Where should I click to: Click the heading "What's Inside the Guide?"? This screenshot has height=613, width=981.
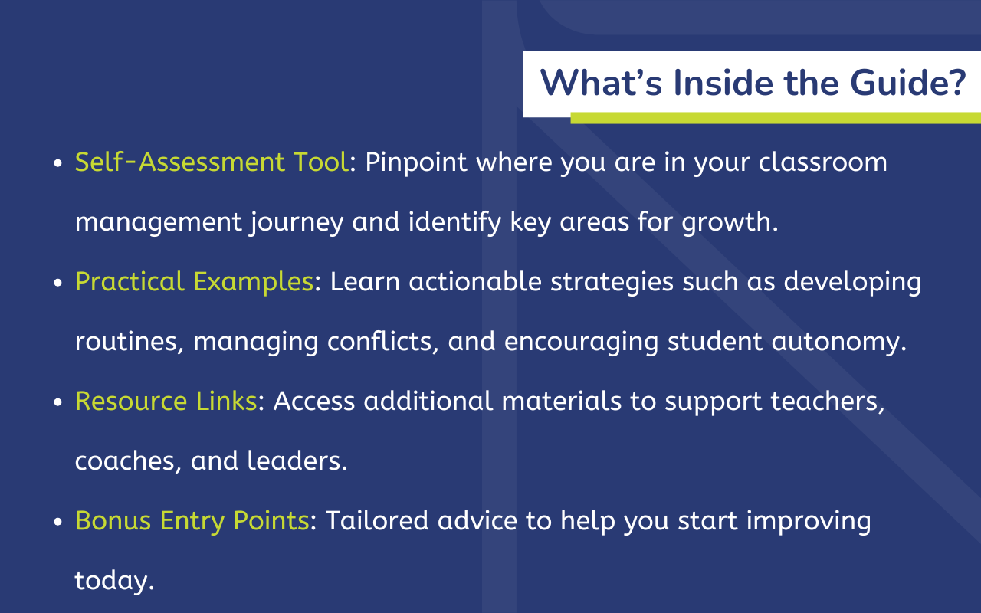tap(752, 83)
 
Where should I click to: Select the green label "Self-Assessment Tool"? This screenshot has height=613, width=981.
tap(212, 162)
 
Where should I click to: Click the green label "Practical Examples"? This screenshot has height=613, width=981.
tap(194, 282)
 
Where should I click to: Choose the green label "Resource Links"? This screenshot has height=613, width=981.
tap(166, 402)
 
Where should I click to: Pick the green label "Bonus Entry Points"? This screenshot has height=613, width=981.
tap(192, 521)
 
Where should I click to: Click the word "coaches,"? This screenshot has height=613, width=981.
tap(127, 461)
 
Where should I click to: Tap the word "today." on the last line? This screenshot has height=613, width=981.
tap(114, 581)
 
